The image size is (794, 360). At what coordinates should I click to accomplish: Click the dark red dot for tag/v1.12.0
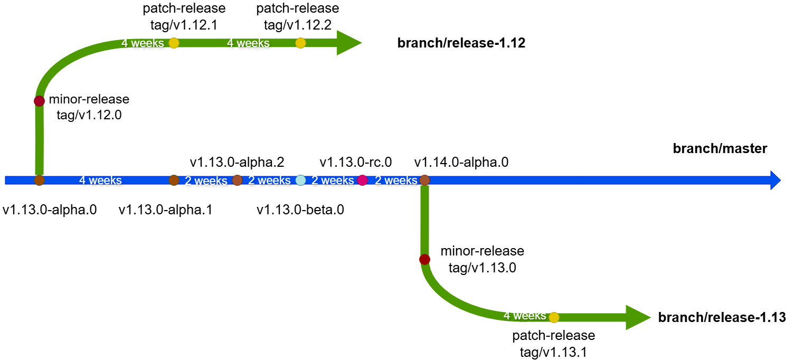(x=39, y=101)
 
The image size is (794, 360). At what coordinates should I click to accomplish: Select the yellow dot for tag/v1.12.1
(x=174, y=43)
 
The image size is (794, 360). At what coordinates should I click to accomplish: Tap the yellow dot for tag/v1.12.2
(x=300, y=43)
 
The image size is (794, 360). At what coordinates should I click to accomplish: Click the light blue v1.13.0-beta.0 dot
(x=300, y=180)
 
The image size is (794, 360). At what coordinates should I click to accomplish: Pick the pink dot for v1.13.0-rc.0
(x=362, y=180)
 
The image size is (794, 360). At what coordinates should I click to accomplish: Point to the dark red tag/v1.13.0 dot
(x=424, y=259)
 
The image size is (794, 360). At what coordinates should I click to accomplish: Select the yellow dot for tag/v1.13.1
(x=554, y=317)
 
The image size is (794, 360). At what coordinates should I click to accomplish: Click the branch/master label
(x=720, y=149)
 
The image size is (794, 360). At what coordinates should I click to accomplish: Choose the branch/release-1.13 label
(x=722, y=317)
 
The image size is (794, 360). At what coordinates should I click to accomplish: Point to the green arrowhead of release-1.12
(x=348, y=43)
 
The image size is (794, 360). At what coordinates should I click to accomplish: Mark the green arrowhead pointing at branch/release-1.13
(x=638, y=317)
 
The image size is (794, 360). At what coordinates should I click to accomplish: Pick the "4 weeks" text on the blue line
(x=100, y=181)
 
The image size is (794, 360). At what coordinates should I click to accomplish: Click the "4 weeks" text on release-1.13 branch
(x=524, y=316)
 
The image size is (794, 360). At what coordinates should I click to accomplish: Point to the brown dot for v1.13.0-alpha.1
(x=174, y=180)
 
